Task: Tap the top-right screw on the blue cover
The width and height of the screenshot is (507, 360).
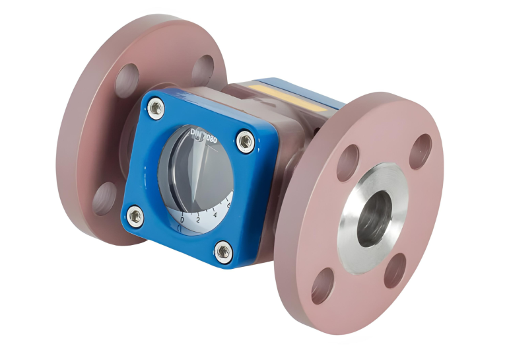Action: pyautogui.click(x=245, y=140)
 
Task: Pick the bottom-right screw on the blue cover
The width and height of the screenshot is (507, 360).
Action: pyautogui.click(x=223, y=250)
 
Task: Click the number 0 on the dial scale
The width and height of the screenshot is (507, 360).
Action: pyautogui.click(x=182, y=219)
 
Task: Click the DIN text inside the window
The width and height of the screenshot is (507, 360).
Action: pyautogui.click(x=197, y=135)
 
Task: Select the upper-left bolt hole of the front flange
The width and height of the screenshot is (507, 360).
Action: pyautogui.click(x=348, y=162)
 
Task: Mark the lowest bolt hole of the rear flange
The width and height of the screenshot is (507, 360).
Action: pyautogui.click(x=104, y=199)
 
